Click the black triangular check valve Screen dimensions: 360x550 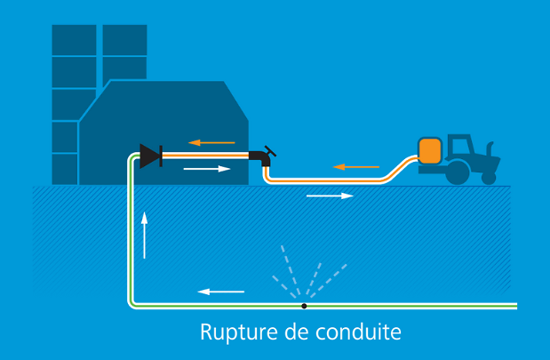[149, 156]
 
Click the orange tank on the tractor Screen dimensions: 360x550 [431, 149]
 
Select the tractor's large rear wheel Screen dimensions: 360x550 [457, 172]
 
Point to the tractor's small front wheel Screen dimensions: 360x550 [489, 177]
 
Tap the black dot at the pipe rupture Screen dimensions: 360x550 [304, 306]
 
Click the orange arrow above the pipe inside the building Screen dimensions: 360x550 [211, 142]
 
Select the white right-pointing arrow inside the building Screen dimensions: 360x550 [206, 168]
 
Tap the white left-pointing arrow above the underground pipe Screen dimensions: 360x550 [220, 291]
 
